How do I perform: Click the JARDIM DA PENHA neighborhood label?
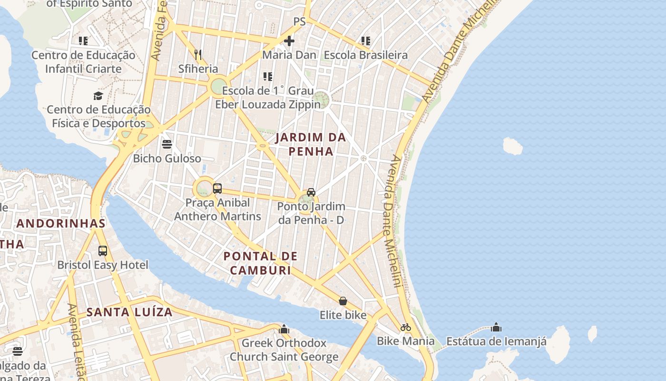(311, 144)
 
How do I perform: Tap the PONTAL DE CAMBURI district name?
(260, 263)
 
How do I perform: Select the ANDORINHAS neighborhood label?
(61, 223)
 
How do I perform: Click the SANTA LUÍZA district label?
(129, 312)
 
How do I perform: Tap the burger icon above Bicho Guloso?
(166, 144)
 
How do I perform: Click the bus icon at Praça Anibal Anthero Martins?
(217, 188)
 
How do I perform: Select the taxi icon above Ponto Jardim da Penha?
(311, 192)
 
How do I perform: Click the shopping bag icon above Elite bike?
(343, 301)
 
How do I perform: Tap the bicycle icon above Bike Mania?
(405, 327)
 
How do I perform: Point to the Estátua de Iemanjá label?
(496, 341)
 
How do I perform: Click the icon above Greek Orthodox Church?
(284, 329)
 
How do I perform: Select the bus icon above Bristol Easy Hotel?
(103, 251)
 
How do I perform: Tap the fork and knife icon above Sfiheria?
(198, 54)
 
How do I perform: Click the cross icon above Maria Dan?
(289, 41)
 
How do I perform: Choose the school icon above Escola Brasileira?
(365, 41)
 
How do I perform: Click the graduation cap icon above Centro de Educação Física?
(98, 96)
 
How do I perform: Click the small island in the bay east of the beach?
(513, 146)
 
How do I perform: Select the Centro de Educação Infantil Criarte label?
(83, 62)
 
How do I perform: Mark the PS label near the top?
(299, 21)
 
